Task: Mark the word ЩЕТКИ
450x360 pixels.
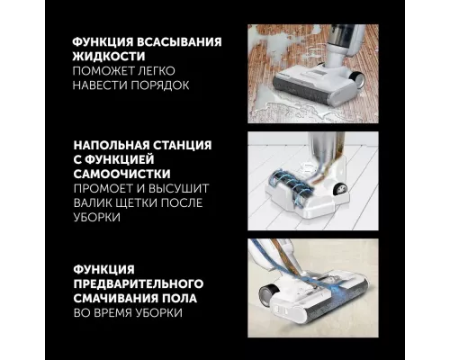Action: click(148, 204)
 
